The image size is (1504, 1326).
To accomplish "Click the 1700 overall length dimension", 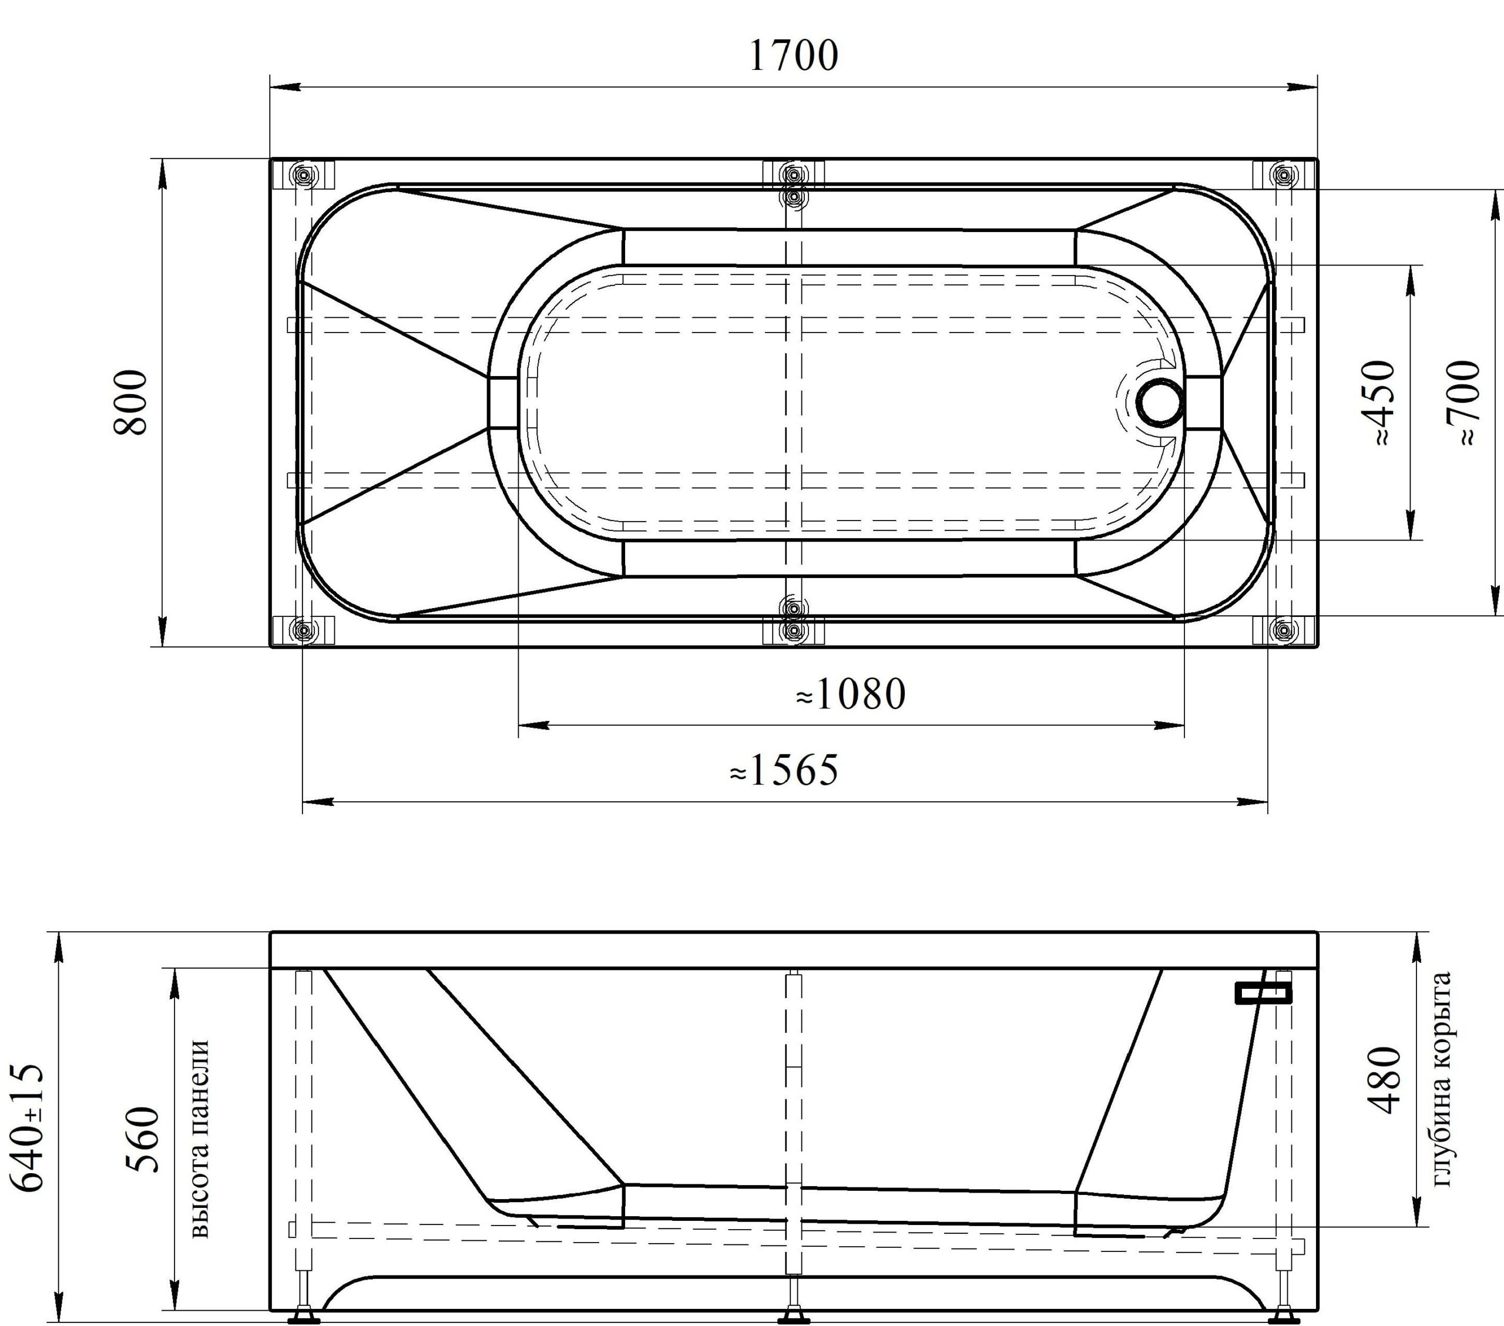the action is tap(793, 56).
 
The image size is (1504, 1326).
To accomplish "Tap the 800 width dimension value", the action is tap(131, 402).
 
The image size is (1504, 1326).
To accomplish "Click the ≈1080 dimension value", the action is tap(851, 694).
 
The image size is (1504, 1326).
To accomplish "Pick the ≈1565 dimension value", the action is tap(784, 770).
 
